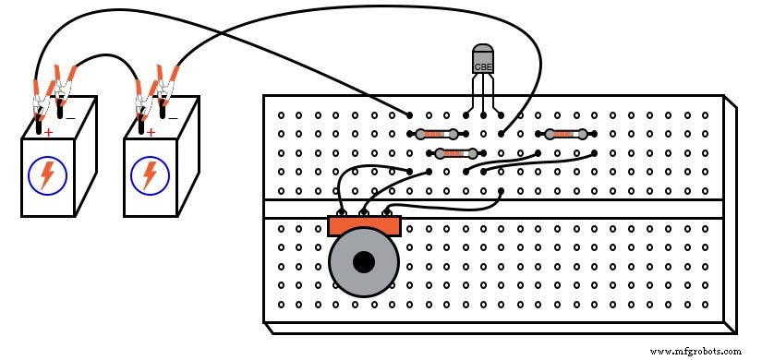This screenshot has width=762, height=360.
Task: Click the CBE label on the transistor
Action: [x=482, y=66]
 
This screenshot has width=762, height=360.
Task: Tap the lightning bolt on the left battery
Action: [x=45, y=175]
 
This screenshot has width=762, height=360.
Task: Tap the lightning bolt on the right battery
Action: [x=148, y=175]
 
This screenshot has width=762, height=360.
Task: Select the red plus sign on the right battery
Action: [x=151, y=133]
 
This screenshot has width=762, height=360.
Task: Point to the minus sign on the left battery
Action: [x=69, y=118]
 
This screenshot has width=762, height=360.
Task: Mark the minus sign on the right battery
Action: [x=172, y=118]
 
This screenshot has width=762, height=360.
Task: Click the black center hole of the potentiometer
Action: [x=364, y=262]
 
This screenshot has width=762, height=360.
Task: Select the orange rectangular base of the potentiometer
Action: [x=364, y=225]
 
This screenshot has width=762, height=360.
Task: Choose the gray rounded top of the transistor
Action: [x=482, y=52]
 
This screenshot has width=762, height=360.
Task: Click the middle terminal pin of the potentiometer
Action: [x=364, y=213]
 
